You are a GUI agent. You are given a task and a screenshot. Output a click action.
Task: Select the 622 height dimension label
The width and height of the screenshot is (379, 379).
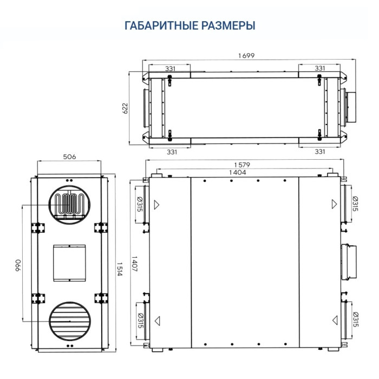125,108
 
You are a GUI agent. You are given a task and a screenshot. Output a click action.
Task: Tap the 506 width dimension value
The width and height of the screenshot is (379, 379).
69,156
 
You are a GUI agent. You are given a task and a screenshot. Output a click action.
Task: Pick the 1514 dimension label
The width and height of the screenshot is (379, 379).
119,268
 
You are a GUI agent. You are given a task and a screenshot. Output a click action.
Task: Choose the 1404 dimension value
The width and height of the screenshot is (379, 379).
237,172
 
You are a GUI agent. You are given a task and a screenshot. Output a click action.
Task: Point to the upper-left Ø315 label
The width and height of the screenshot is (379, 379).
140,204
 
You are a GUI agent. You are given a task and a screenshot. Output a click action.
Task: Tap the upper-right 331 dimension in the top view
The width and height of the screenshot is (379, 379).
319,68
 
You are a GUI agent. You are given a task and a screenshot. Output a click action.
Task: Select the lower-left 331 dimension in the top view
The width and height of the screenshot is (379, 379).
171,152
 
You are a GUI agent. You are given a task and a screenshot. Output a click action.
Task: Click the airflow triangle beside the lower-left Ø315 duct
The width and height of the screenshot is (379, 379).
157,320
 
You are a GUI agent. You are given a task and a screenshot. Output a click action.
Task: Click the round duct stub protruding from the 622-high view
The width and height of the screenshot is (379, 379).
349,107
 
